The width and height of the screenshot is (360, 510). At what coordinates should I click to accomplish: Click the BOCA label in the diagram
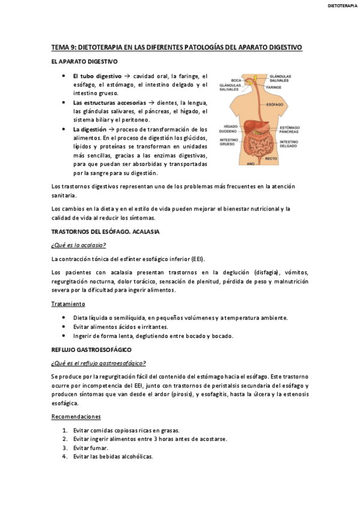[236, 80]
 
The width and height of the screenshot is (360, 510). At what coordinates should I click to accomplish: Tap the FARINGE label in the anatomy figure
[273, 87]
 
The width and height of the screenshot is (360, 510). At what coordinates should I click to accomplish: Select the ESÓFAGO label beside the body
[273, 104]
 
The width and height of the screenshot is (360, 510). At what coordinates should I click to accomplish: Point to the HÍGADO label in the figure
[231, 126]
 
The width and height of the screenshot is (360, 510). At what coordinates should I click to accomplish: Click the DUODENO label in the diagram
[228, 131]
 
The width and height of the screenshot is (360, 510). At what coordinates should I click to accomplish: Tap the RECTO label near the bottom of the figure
[271, 158]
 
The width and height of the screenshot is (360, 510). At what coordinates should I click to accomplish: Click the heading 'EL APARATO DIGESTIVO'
[84, 61]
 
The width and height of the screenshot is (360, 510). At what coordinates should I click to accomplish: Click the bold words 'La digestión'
[90, 129]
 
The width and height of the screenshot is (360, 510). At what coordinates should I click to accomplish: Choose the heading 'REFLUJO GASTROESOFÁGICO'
[91, 349]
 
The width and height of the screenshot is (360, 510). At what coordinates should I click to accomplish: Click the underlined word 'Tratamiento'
[68, 304]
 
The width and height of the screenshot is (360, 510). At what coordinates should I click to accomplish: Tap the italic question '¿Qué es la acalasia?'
[79, 245]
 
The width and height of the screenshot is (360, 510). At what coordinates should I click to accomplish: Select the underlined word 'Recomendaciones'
[76, 417]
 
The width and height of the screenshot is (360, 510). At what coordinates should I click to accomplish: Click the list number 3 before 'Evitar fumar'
[65, 448]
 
